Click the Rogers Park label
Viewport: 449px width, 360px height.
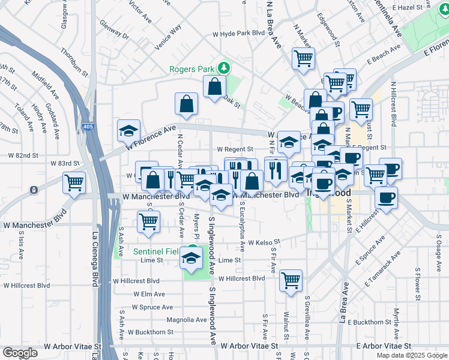pyautogui.click(x=192, y=68)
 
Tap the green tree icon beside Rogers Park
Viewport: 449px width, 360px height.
pyautogui.click(x=223, y=68)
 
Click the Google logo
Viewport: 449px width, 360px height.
pyautogui.click(x=20, y=353)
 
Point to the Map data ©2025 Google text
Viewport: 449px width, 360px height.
pyautogui.click(x=411, y=355)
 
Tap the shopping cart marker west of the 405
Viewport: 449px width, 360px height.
pyautogui.click(x=74, y=181)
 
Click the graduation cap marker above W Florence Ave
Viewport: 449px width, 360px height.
pyautogui.click(x=128, y=130)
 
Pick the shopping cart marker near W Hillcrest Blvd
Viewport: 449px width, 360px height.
pyautogui.click(x=291, y=280)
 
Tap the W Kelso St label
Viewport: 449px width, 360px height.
pyautogui.click(x=260, y=244)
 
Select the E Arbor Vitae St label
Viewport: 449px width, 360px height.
pyautogui.click(x=383, y=346)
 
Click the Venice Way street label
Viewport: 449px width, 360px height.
pyautogui.click(x=167, y=38)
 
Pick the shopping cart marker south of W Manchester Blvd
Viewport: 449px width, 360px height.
pyautogui.click(x=148, y=221)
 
